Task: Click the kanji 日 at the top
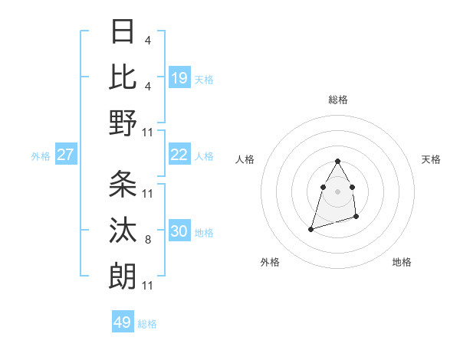coord(123,32)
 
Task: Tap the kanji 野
coord(123,123)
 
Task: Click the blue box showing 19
coord(179,78)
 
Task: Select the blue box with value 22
coord(179,155)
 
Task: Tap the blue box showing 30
coord(179,231)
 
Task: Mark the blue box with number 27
coord(65,155)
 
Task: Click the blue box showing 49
coord(123,322)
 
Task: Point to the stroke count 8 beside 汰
coord(147,241)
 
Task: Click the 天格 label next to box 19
coord(204,80)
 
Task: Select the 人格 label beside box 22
coord(204,156)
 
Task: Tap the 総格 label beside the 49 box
coord(147,324)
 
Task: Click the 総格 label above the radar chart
coord(337,100)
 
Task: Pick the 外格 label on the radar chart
coord(270,262)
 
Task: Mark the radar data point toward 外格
coord(310,228)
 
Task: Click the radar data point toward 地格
coord(357,218)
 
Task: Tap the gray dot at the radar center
coord(337,191)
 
